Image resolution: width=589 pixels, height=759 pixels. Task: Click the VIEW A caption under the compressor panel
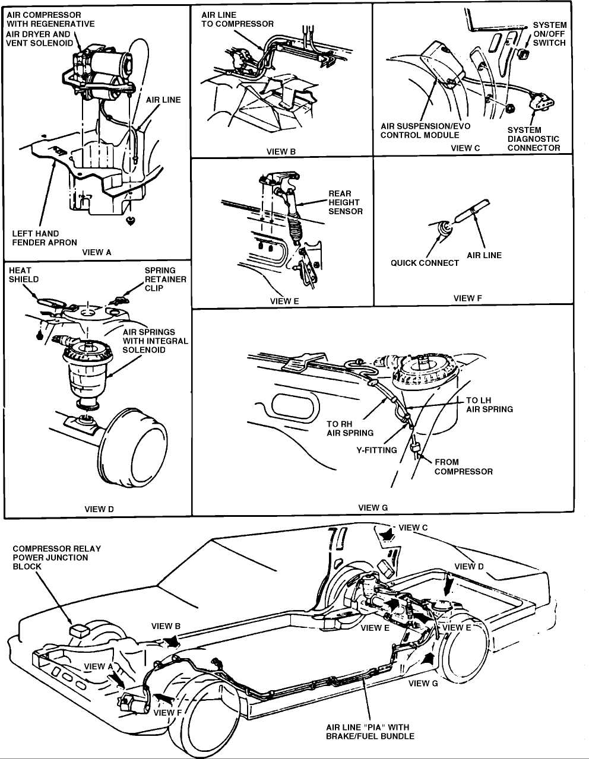point(97,252)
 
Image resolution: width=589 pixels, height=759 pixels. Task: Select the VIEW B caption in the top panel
point(281,151)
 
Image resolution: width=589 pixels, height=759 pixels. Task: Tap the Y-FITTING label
point(376,450)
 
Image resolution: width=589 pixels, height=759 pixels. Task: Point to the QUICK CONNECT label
point(425,263)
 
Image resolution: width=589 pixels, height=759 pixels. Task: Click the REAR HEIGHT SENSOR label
point(346,202)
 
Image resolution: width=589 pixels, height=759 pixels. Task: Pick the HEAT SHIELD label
point(24,275)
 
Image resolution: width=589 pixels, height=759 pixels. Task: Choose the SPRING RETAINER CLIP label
point(165,279)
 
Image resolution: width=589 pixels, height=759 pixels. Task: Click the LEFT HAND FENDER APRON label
point(45,238)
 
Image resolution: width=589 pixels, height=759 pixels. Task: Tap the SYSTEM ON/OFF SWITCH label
point(549,34)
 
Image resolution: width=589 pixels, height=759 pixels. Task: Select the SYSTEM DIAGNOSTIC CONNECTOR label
point(533,139)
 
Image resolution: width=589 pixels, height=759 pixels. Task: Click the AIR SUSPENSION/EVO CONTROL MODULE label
point(420,131)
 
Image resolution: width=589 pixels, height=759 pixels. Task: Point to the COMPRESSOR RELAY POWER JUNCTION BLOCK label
point(56,557)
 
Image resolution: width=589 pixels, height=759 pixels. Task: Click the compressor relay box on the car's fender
point(80,631)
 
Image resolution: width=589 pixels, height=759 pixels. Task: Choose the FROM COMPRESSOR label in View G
point(463,466)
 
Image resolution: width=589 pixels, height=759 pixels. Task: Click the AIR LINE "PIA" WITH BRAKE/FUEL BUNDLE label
point(370,732)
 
